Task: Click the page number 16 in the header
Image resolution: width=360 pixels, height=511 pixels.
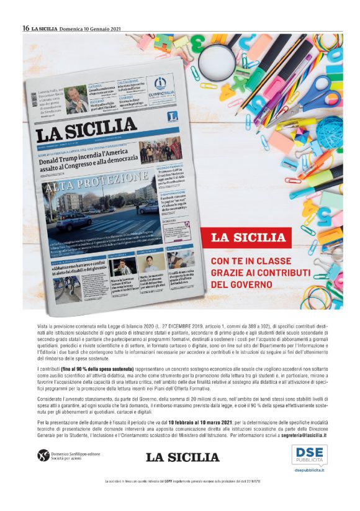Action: click(x=26, y=28)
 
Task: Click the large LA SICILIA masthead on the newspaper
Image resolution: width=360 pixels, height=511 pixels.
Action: click(x=86, y=131)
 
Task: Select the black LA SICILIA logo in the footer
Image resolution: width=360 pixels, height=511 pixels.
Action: click(x=182, y=458)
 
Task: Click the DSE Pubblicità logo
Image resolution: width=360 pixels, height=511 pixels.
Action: click(x=309, y=454)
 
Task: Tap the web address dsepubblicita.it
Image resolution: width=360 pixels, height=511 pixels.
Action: click(x=309, y=470)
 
